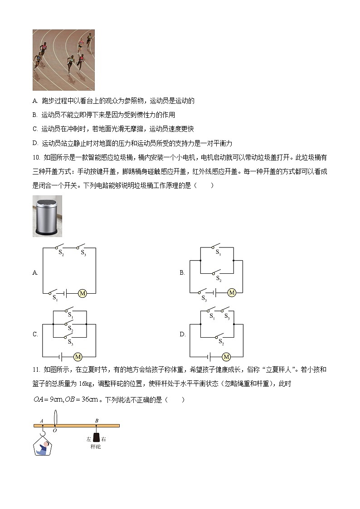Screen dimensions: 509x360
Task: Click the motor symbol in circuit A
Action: click(83, 293)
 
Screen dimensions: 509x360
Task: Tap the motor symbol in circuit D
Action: click(226, 356)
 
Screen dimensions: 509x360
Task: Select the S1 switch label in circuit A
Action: click(55, 298)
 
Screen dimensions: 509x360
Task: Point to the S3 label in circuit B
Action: click(205, 298)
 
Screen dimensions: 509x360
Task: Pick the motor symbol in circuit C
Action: click(78, 356)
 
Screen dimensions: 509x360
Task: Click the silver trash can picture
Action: click(47, 216)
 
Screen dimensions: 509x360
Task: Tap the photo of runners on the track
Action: click(63, 60)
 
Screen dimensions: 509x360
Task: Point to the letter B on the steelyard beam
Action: click(97, 421)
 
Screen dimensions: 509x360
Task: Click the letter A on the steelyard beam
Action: click(42, 421)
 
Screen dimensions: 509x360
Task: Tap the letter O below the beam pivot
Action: click(54, 431)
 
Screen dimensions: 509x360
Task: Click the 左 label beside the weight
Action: click(89, 439)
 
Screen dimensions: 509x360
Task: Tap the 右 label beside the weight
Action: click(104, 439)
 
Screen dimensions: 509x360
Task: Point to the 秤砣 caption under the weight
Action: click(96, 447)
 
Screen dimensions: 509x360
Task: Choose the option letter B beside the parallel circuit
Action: click(182, 272)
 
